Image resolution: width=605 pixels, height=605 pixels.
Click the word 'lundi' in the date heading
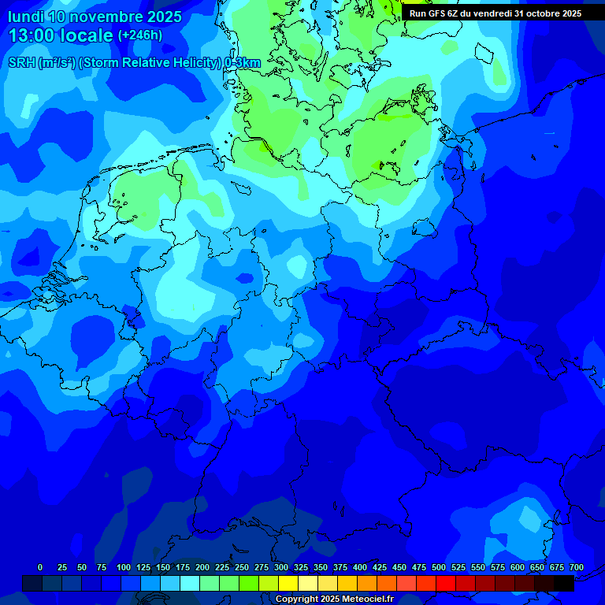pos(25,17)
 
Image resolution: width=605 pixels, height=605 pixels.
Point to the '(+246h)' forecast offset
pos(139,35)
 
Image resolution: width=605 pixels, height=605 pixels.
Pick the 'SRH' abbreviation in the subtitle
pos(21,63)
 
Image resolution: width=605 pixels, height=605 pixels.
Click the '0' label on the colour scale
pos(40,567)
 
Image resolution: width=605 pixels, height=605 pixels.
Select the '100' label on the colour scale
pos(123,567)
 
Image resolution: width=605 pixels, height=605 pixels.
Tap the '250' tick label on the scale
pos(241,567)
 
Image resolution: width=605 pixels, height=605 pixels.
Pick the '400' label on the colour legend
pos(360,567)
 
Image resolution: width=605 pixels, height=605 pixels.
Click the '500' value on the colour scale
pos(439,567)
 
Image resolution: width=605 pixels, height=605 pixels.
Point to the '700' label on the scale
pos(577,567)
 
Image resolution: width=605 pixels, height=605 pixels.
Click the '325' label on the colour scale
pos(300,567)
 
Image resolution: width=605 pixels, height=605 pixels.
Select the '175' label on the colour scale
pos(182,567)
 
